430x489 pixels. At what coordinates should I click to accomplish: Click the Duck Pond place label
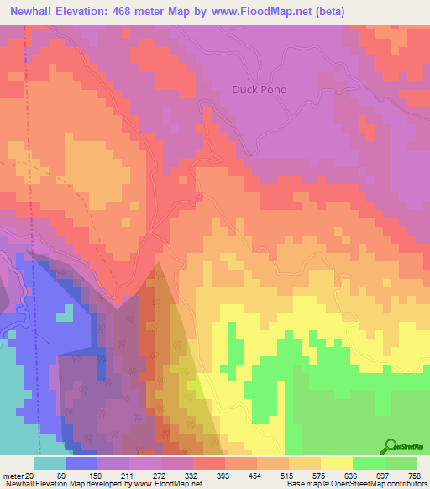pyautogui.click(x=260, y=90)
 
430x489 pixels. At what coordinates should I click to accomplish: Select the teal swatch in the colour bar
pyautogui.click(x=50, y=464)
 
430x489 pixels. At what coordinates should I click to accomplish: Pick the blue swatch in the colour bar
pyautogui.click(x=81, y=464)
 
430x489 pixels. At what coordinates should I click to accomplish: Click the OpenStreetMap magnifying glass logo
pyautogui.click(x=391, y=445)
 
